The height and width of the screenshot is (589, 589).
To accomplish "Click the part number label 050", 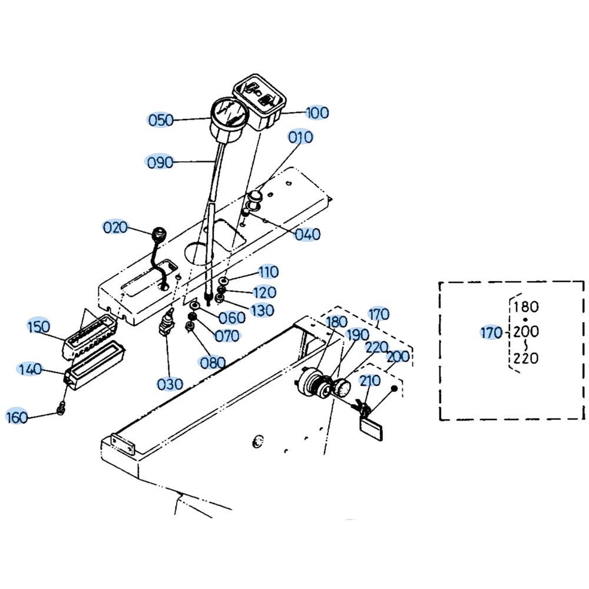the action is (x=161, y=120).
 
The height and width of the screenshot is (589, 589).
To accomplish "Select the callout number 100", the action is (x=317, y=112).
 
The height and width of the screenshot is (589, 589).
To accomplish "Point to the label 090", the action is (x=160, y=163).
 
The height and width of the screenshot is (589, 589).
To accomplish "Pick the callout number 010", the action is (x=300, y=137).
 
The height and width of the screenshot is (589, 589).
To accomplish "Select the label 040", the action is (x=307, y=234).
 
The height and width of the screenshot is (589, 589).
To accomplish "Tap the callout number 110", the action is (x=268, y=272).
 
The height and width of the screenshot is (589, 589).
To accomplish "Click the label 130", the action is (x=262, y=310).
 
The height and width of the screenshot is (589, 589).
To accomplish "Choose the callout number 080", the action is (x=213, y=362).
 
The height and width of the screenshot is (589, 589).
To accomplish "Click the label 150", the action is (x=38, y=326).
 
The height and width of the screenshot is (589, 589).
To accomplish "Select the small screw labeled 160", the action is (x=61, y=408).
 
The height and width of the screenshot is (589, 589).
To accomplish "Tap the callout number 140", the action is (x=29, y=369).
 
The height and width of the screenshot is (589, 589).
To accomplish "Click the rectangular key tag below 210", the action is (x=371, y=428).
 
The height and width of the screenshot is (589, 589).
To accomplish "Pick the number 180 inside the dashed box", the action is (x=526, y=307).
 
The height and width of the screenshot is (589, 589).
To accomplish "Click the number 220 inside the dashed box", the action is (x=526, y=358).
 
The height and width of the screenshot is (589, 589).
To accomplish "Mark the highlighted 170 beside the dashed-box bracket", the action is (x=491, y=332).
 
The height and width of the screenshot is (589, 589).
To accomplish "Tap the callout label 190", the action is (x=358, y=335).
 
